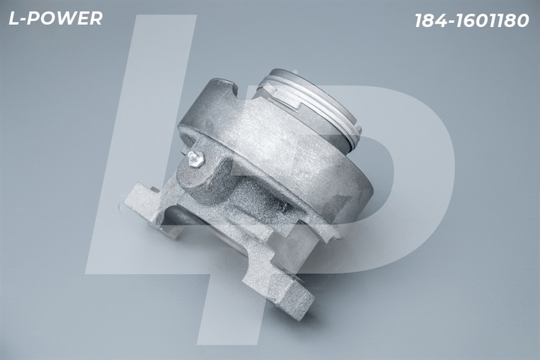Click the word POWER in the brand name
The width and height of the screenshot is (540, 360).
tap(65, 18)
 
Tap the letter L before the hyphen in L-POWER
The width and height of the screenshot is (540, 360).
tap(13, 18)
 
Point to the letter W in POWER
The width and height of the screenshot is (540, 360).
tap(65, 18)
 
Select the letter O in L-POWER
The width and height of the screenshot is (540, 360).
tap(47, 18)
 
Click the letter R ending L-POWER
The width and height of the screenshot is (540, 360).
tap(96, 18)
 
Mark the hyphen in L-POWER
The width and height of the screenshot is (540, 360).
tap(23, 20)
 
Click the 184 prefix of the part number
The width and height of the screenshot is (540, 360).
tap(431, 21)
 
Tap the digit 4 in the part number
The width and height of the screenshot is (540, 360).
tap(441, 21)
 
